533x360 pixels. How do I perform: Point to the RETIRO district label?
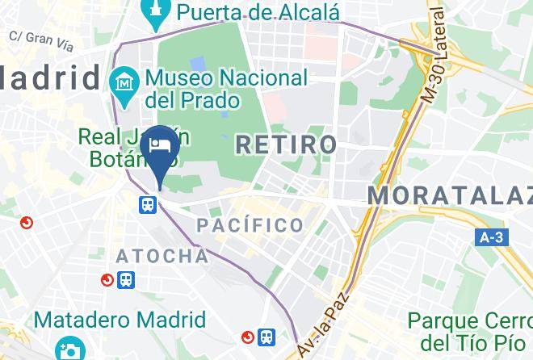click(x=286, y=145)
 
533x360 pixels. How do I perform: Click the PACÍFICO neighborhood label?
click(x=250, y=225)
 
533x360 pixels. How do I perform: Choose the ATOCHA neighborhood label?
click(x=162, y=257)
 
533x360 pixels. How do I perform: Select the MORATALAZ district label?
click(x=450, y=195)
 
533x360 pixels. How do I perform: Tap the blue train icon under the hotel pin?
click(x=147, y=205)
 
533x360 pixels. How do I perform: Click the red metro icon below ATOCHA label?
click(x=107, y=280)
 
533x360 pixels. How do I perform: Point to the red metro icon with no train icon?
click(x=27, y=223)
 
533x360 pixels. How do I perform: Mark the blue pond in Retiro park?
click(x=198, y=62)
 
